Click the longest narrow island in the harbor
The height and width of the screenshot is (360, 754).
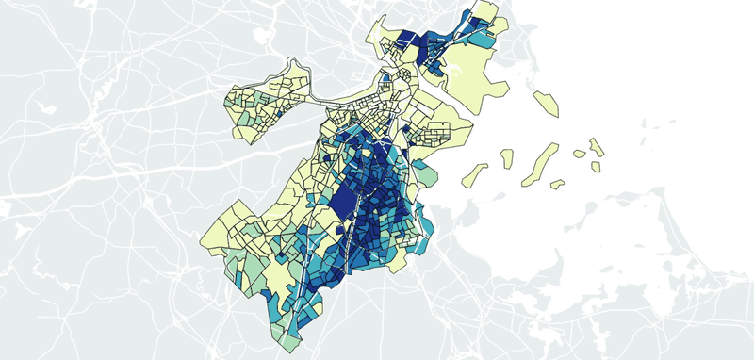(531, 166)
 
